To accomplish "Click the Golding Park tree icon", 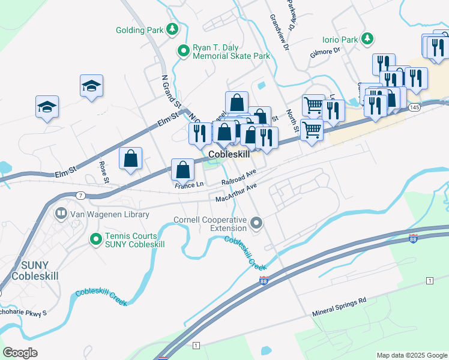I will click(172, 29).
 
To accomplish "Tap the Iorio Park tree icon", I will click(367, 40).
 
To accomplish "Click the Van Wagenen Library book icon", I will click(61, 212).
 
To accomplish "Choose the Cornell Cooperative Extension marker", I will click(256, 224).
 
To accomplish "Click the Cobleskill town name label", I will click(229, 155).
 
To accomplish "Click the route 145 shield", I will click(415, 107).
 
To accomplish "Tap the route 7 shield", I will click(80, 195).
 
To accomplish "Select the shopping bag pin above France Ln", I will click(183, 170).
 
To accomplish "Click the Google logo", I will click(20, 353).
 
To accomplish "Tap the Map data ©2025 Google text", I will click(412, 355).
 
